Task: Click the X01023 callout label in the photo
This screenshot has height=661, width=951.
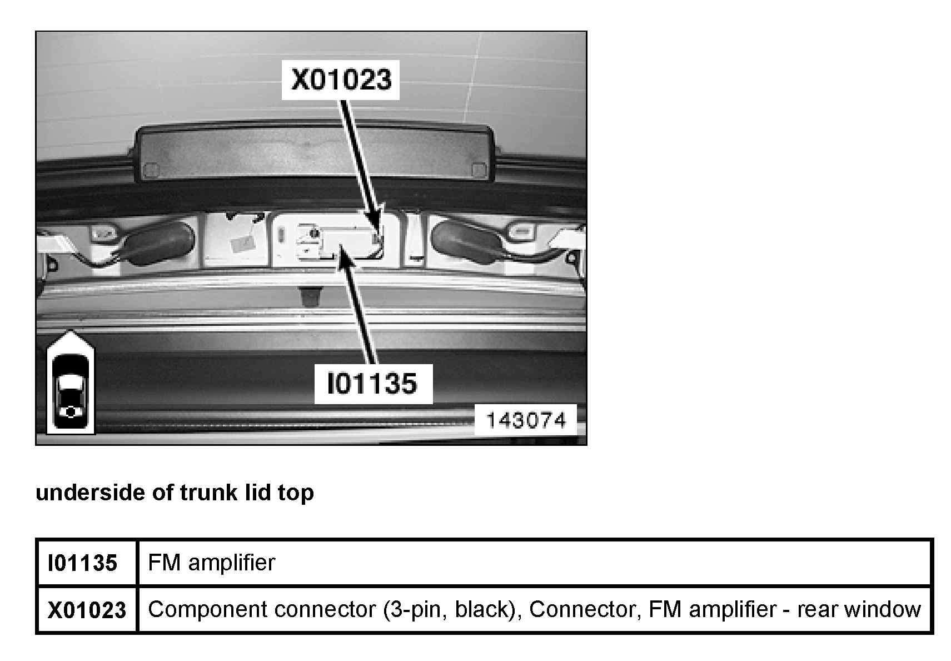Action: (x=341, y=80)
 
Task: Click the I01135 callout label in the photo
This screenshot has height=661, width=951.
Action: (x=373, y=384)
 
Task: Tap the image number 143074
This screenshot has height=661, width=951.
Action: (x=525, y=420)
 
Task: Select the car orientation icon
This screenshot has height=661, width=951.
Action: (x=71, y=384)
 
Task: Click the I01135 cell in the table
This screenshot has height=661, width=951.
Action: (x=83, y=563)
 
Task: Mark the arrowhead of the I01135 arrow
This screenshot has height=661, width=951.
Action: (x=340, y=254)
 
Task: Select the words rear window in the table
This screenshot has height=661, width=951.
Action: (x=859, y=610)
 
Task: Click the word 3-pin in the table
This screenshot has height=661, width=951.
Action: (x=415, y=610)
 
